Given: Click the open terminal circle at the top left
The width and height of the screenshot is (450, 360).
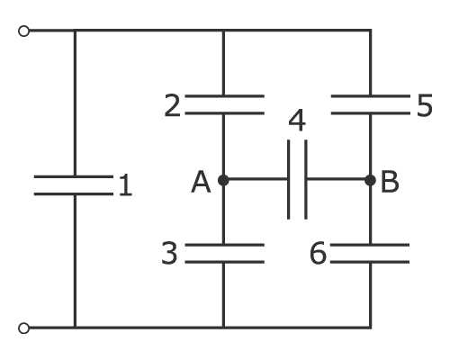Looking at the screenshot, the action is [23, 31].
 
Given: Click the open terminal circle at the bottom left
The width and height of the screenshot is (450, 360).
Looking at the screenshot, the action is [23, 328].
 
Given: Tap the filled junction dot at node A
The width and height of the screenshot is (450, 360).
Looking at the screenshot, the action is [223, 180].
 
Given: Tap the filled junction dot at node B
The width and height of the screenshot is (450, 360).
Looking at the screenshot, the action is [371, 180].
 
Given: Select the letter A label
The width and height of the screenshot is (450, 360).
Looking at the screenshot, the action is [201, 182].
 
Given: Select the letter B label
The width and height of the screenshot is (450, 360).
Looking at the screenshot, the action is [390, 182].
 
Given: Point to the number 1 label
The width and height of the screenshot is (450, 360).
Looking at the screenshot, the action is [125, 185].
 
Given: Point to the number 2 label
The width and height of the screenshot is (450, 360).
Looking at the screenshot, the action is [172, 105].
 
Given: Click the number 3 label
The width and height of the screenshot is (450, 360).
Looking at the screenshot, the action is [169, 254].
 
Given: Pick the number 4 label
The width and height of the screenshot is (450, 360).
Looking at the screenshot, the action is [297, 121].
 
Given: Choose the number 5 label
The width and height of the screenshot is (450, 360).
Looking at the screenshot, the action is [425, 105].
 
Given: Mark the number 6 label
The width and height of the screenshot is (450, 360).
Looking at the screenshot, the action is [318, 254].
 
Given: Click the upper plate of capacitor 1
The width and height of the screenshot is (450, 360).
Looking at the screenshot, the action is [74, 176].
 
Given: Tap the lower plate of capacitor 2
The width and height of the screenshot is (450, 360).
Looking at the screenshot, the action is [225, 113].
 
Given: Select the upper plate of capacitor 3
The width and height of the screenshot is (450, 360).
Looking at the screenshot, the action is [225, 245].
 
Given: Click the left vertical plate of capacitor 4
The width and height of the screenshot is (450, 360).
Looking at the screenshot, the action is [288, 179].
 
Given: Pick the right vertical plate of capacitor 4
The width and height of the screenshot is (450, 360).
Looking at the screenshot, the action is [306, 179].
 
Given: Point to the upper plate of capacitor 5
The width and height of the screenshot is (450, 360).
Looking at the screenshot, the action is [371, 96].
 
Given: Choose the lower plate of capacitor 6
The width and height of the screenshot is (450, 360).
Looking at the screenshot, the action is [370, 262].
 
